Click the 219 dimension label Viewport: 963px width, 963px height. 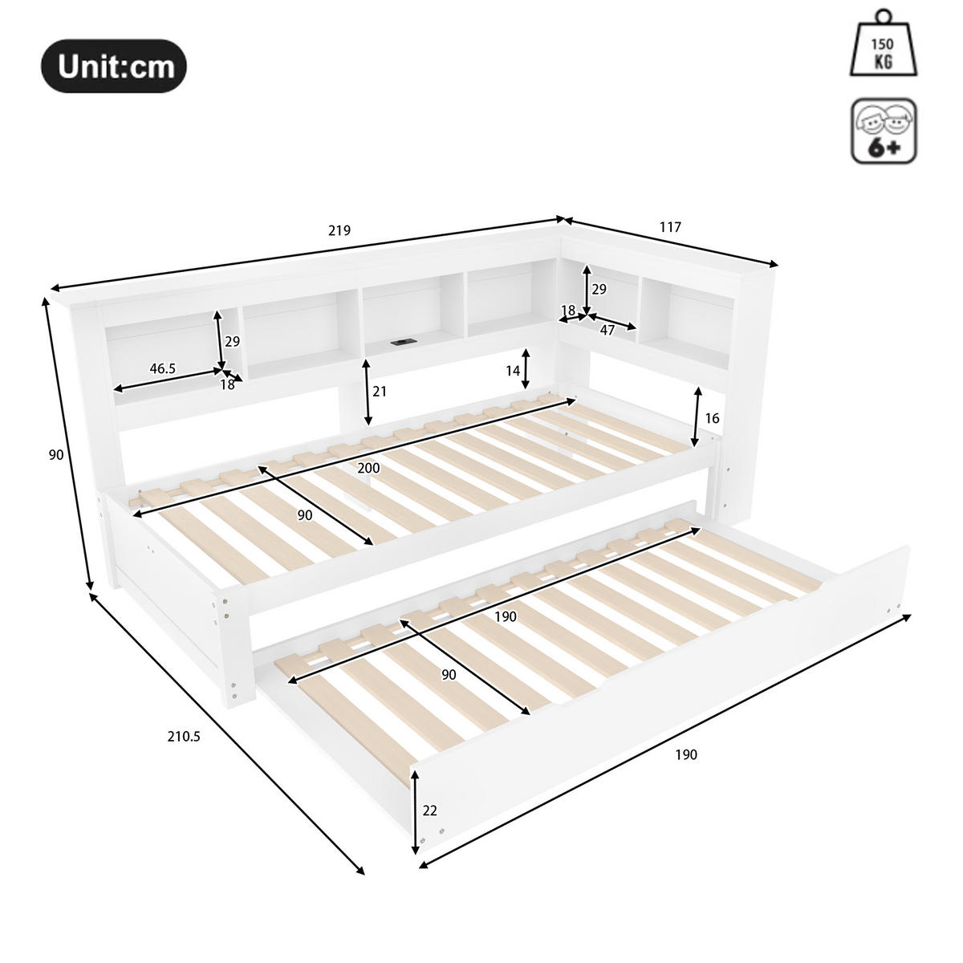[x=339, y=231]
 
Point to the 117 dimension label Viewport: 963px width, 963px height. [x=670, y=227]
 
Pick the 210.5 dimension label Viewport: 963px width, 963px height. [x=184, y=736]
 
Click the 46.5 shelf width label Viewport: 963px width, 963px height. [x=162, y=368]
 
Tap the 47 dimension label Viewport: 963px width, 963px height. [x=607, y=330]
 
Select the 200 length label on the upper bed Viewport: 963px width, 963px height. [x=369, y=468]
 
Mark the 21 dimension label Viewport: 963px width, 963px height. [x=380, y=392]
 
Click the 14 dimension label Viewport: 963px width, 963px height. [x=513, y=371]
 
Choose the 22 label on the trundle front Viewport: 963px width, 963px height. [x=430, y=811]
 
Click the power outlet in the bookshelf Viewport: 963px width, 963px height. [x=399, y=343]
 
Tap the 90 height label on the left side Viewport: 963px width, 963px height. [x=56, y=455]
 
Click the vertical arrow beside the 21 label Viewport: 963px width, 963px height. [x=368, y=392]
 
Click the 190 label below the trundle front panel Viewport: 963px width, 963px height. [x=685, y=754]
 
